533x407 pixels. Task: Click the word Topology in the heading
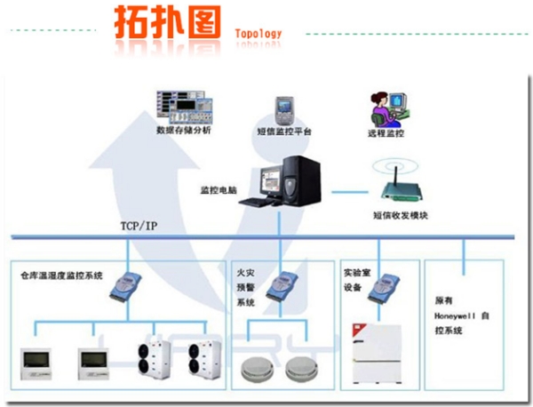tap(259, 35)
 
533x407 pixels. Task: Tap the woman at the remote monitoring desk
tap(383, 108)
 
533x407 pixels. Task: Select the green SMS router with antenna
tap(395, 188)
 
